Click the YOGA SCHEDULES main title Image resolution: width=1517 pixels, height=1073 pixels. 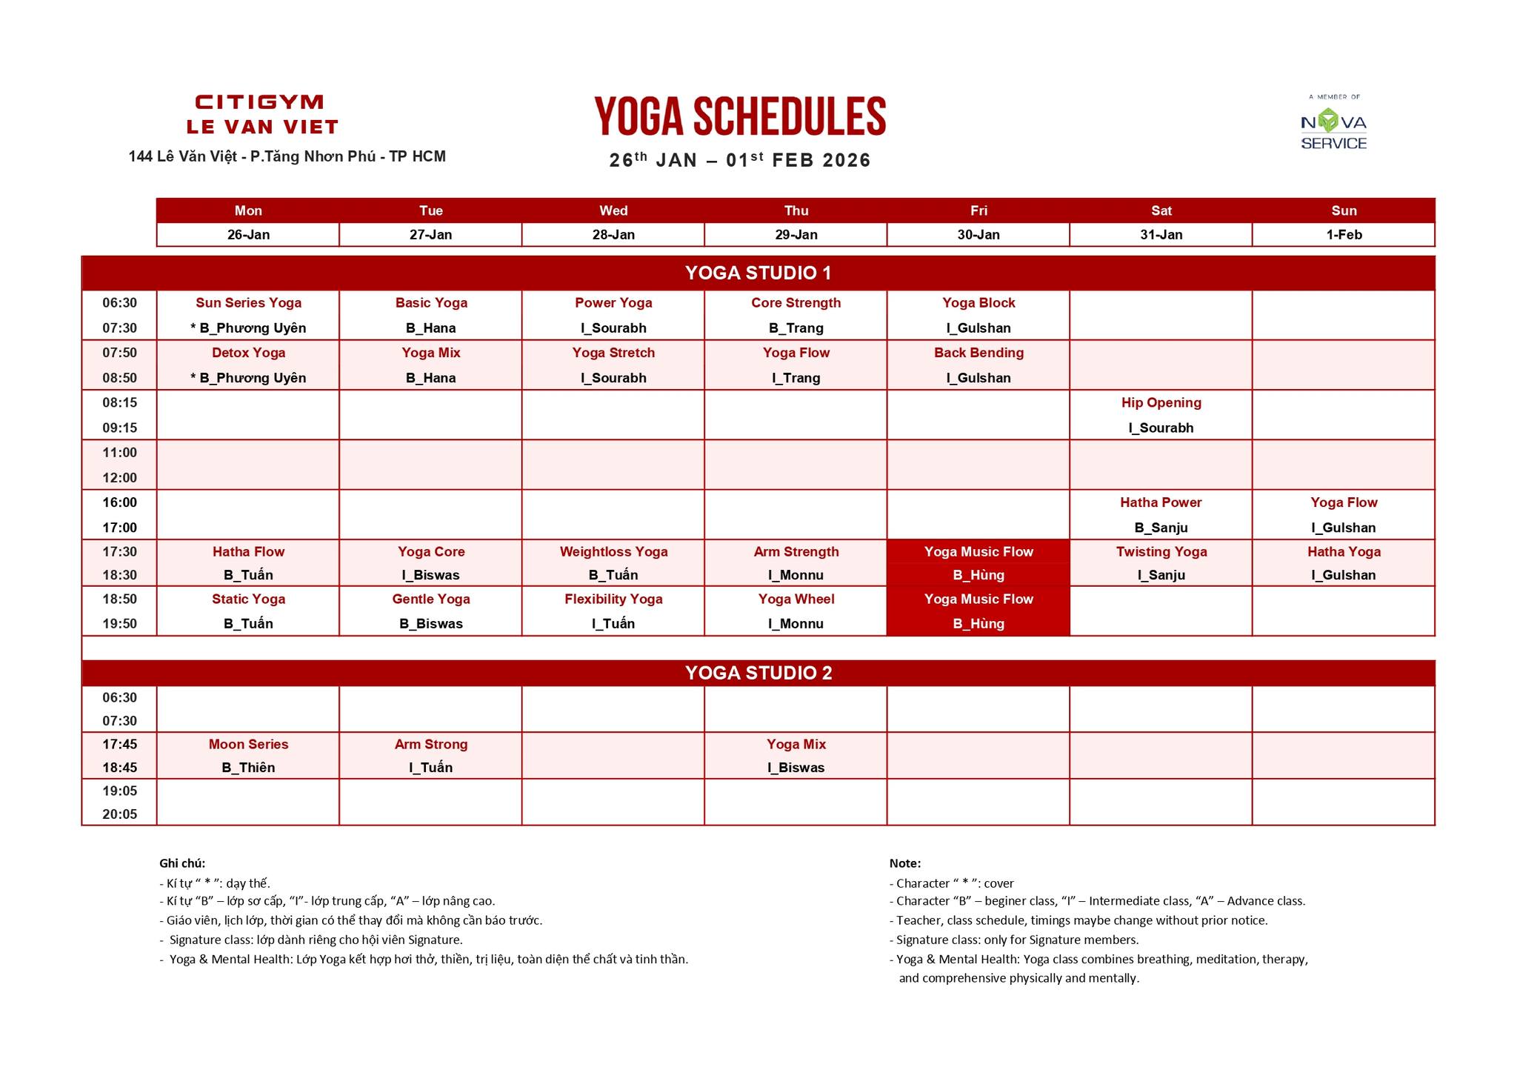740,116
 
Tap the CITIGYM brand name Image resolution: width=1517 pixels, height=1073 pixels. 259,102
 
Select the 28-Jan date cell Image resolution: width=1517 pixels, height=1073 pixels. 613,235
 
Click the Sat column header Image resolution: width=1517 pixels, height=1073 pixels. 1161,210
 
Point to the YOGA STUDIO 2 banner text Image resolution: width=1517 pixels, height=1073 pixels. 758,673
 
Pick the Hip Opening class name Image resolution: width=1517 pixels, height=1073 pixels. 1161,402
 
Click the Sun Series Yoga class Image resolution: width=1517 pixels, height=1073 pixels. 248,302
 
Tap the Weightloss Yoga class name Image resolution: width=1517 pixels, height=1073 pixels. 613,551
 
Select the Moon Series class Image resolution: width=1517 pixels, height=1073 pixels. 248,744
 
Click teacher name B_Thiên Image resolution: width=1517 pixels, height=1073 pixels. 248,768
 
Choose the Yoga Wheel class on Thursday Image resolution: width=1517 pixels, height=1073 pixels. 796,599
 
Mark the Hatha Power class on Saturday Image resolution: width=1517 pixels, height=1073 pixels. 1161,502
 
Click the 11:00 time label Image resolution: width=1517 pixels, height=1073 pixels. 119,453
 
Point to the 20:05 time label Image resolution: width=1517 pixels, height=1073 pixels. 119,814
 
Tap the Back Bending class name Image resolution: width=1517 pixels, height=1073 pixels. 978,353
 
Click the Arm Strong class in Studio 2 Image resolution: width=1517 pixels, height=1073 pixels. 431,744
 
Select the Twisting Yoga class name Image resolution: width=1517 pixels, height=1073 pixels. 1161,551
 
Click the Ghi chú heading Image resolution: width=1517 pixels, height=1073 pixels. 182,863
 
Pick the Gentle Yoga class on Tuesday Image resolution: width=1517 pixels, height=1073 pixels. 431,599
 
